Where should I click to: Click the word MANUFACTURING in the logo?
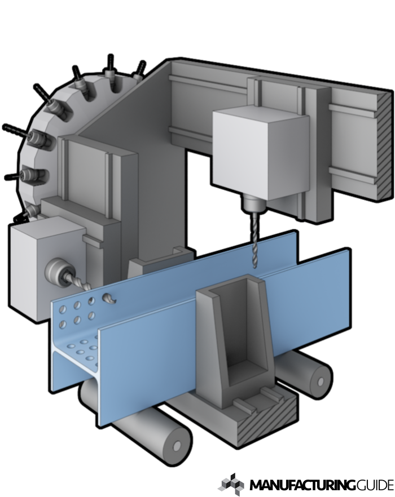click(x=302, y=485)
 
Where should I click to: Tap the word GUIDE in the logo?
click(x=374, y=485)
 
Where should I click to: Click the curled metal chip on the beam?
click(x=109, y=299)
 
